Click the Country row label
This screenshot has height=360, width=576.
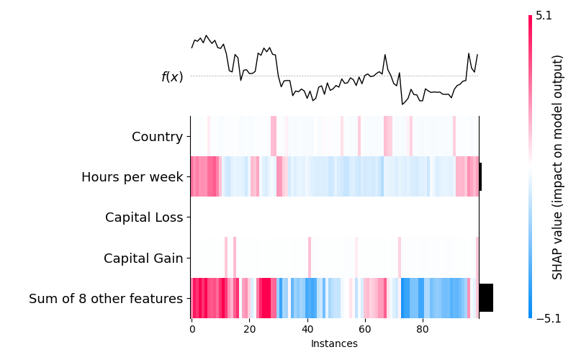157,137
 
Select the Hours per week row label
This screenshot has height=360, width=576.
132,177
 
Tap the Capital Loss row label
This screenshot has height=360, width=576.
144,217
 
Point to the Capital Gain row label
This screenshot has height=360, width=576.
143,258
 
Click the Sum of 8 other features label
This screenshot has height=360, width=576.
106,299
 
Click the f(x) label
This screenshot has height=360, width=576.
172,77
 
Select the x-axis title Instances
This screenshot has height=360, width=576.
334,343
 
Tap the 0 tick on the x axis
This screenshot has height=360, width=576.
192,329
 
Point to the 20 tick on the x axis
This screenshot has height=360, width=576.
249,329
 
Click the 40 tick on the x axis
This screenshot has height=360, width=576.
307,329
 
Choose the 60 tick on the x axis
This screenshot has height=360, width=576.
365,329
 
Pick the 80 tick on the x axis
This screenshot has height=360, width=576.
423,329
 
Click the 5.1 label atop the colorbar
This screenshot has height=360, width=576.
544,16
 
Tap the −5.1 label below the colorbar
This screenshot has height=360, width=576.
549,318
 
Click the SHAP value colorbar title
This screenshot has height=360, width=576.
557,167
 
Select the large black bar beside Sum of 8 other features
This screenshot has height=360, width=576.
487,298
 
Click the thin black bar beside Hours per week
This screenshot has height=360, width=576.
480,176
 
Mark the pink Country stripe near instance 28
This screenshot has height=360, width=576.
274,136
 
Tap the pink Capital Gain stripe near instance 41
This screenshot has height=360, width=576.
310,258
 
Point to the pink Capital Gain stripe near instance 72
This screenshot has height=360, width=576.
400,258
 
